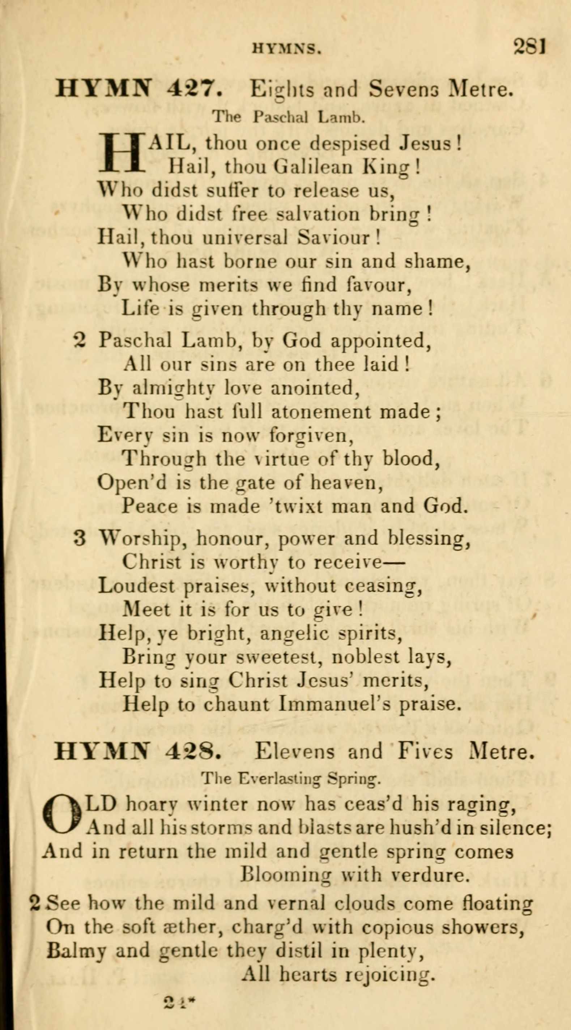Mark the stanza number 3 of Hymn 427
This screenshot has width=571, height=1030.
pyautogui.click(x=80, y=539)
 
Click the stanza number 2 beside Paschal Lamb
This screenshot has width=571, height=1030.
pyautogui.click(x=80, y=341)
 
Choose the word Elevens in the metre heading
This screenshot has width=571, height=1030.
pyautogui.click(x=294, y=752)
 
